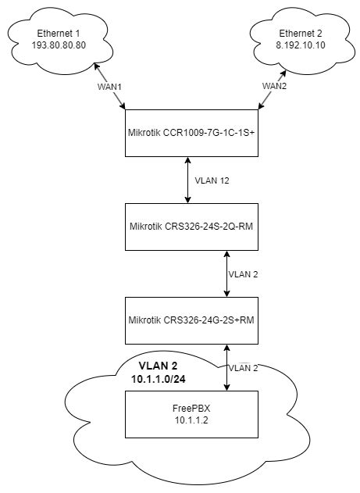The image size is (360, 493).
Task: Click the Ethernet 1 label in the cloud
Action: tap(58, 34)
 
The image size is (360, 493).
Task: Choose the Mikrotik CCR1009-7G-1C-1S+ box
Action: tap(187, 132)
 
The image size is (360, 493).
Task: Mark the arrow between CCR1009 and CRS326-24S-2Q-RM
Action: tap(187, 179)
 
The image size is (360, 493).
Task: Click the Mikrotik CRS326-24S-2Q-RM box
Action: tap(187, 226)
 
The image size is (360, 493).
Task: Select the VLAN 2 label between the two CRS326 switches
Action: tap(242, 275)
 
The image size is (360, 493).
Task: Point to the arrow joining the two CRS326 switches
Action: tap(226, 273)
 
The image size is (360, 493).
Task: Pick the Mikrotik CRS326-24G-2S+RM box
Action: tap(187, 320)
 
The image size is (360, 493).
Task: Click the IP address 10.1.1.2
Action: tap(187, 420)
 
